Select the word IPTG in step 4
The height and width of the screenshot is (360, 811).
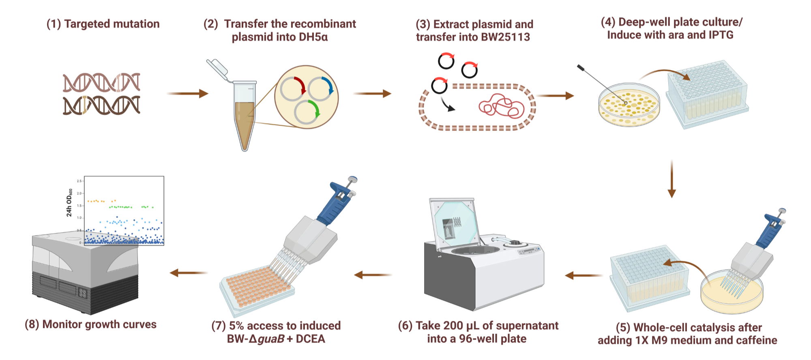721,35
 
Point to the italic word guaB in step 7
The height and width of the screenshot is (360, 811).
271,339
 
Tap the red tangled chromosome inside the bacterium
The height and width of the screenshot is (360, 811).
501,107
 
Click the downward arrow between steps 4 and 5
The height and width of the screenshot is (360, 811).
672,178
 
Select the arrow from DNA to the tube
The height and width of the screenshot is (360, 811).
187,94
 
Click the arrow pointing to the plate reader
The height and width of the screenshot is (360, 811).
189,273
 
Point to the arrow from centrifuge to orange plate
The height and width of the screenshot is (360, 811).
373,275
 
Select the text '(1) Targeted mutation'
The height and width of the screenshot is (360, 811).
103,24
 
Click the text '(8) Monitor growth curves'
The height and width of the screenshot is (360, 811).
91,325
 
